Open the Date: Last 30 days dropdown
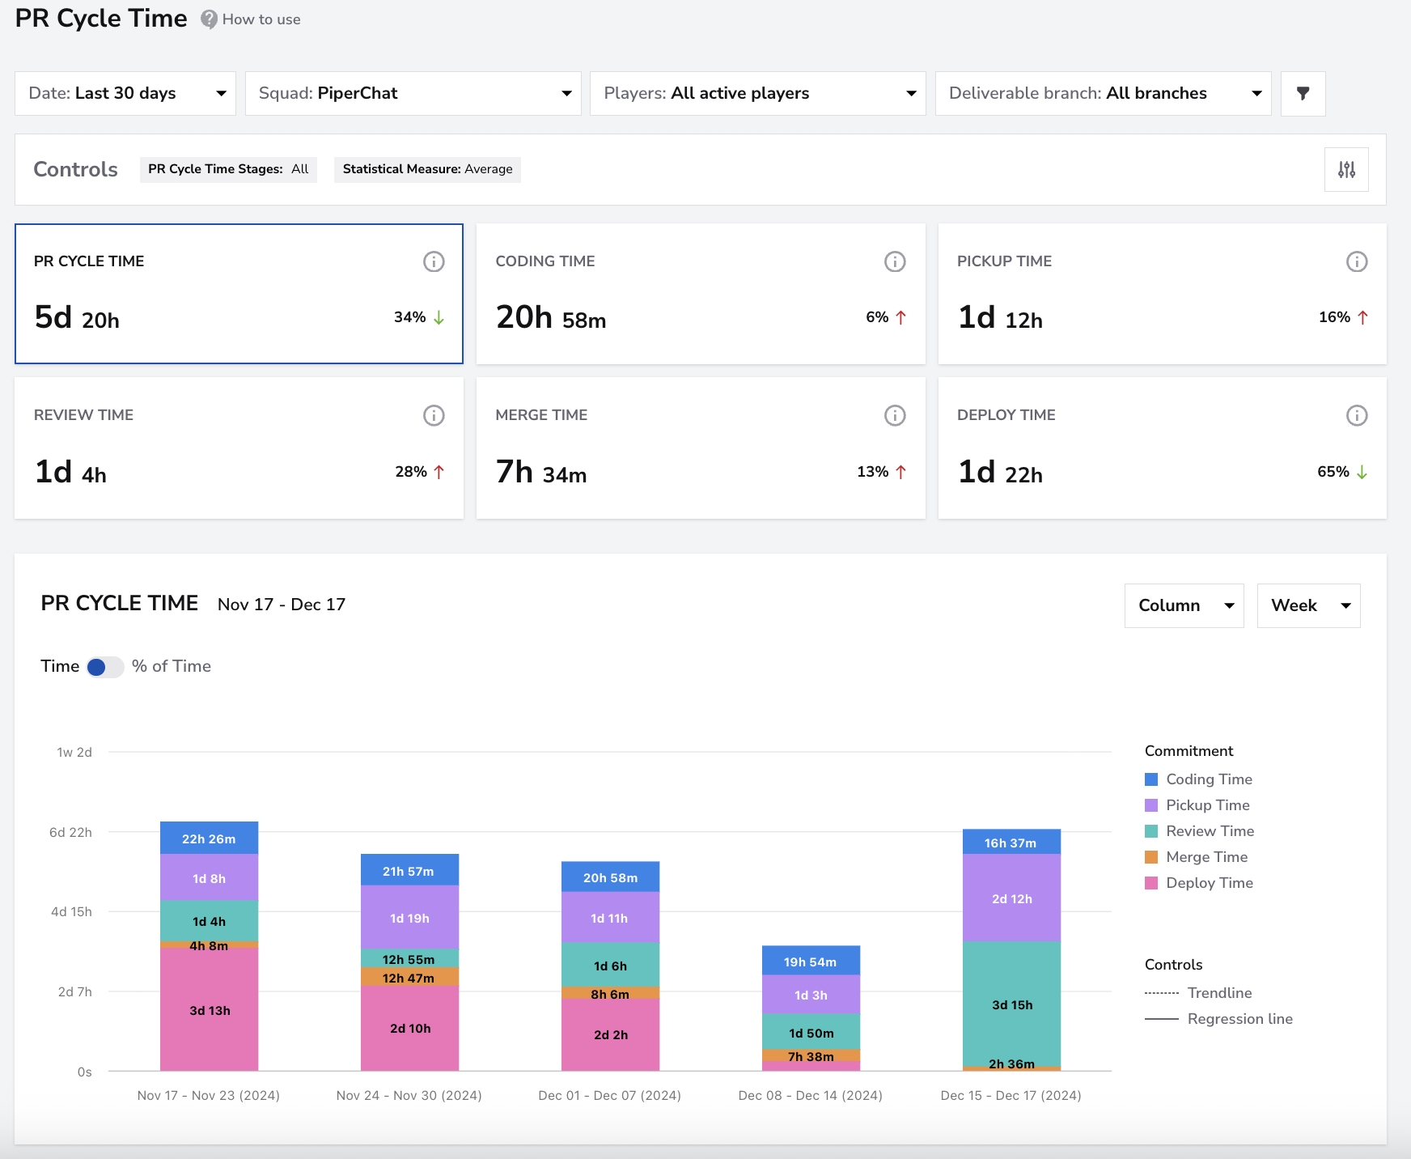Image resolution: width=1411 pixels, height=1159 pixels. tap(125, 93)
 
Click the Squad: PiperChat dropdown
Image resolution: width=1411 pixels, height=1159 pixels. tap(413, 93)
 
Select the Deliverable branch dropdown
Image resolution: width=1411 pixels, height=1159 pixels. tap(1103, 93)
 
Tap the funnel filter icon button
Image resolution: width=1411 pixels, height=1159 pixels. tap(1303, 93)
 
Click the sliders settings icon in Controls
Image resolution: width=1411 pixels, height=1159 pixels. tap(1346, 169)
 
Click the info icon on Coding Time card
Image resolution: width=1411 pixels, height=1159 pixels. tap(895, 261)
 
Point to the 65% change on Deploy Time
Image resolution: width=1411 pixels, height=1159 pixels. tap(1342, 472)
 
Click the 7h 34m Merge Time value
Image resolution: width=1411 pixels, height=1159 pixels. tap(541, 472)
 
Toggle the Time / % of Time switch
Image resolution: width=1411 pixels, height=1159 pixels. tap(105, 667)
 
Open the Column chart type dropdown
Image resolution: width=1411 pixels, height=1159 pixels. tap(1184, 605)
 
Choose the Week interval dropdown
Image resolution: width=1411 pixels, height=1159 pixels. tap(1309, 605)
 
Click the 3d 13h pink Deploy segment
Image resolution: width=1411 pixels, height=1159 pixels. tap(210, 1009)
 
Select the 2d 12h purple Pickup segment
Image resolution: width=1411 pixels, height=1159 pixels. tap(1011, 898)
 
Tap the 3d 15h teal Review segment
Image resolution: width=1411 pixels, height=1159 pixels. tap(1011, 1004)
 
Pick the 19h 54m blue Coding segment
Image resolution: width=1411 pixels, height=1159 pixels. tap(811, 961)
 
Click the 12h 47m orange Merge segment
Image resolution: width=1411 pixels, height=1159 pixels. tap(409, 977)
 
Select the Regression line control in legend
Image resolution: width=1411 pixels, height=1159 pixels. tap(1218, 1019)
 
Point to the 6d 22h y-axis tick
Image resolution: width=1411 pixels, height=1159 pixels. tap(70, 832)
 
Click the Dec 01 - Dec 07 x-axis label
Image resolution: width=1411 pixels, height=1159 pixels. tap(610, 1095)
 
